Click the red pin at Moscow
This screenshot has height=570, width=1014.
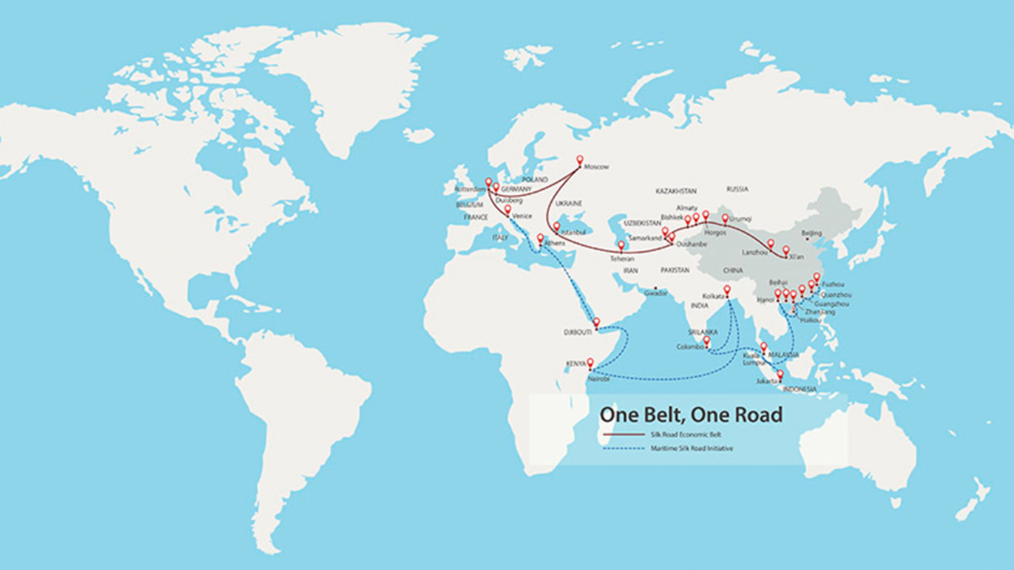580,160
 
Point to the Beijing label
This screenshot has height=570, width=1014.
811,232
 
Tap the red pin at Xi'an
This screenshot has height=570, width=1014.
786,251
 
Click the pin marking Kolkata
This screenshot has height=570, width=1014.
726,290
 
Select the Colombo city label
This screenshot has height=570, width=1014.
689,346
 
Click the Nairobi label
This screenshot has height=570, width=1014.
597,378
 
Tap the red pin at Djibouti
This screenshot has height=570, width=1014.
597,322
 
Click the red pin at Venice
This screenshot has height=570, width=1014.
507,209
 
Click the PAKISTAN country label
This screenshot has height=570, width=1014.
675,270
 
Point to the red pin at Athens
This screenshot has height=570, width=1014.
541,237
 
